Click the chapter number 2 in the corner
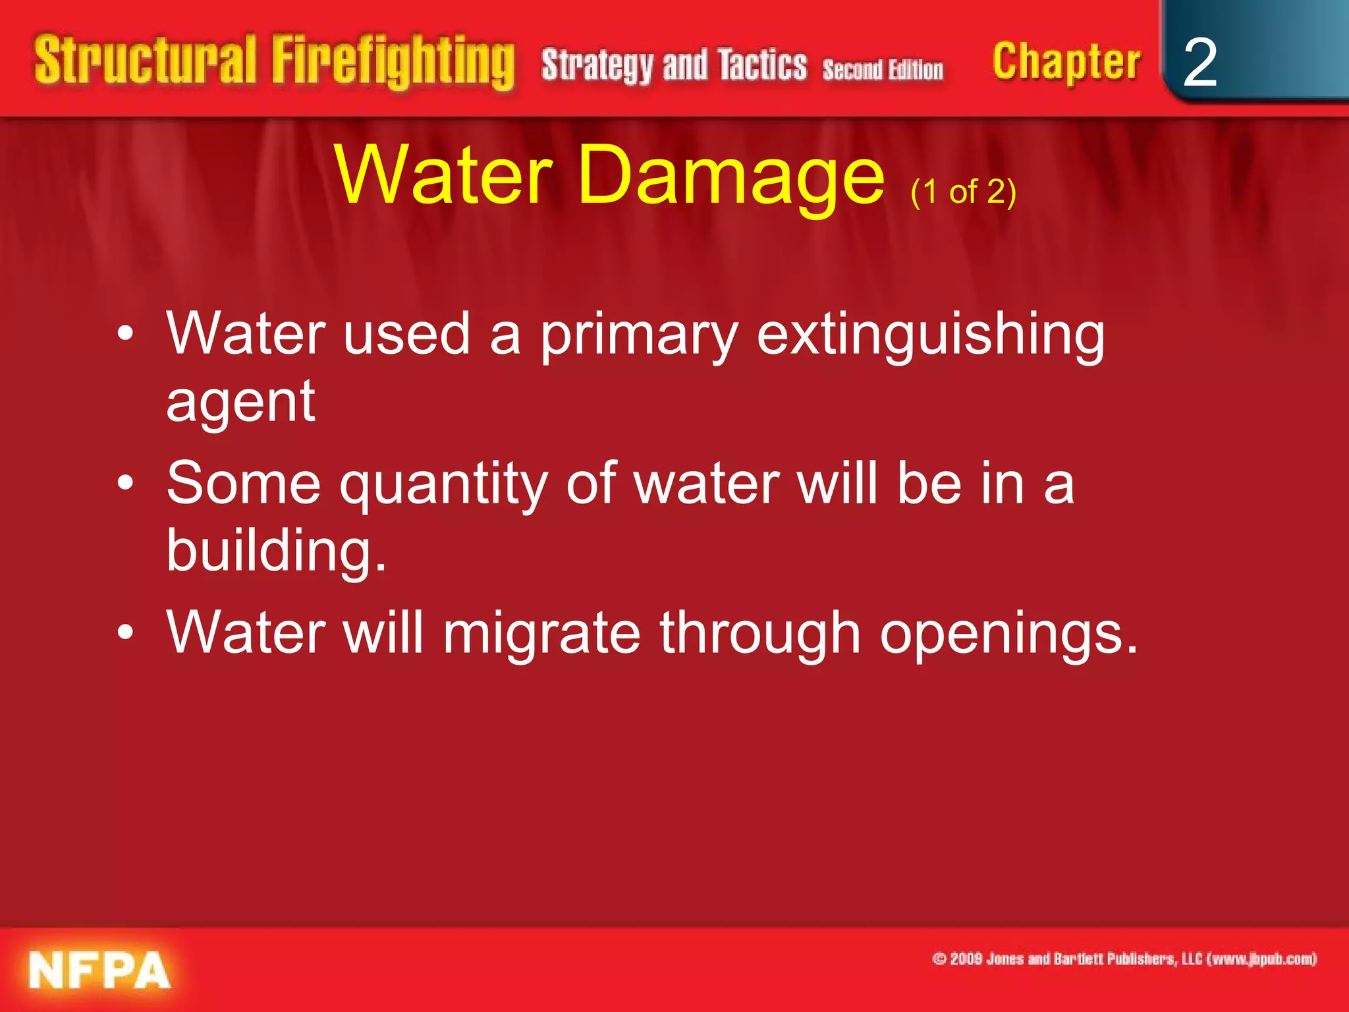[1199, 63]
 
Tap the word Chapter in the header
[1066, 63]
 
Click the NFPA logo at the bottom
[99, 970]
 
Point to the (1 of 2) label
[963, 192]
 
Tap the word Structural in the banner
[145, 61]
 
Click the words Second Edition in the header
[883, 69]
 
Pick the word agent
[240, 401]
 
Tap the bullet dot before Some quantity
[125, 484]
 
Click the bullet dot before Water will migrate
[125, 632]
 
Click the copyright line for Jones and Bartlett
[1124, 959]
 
